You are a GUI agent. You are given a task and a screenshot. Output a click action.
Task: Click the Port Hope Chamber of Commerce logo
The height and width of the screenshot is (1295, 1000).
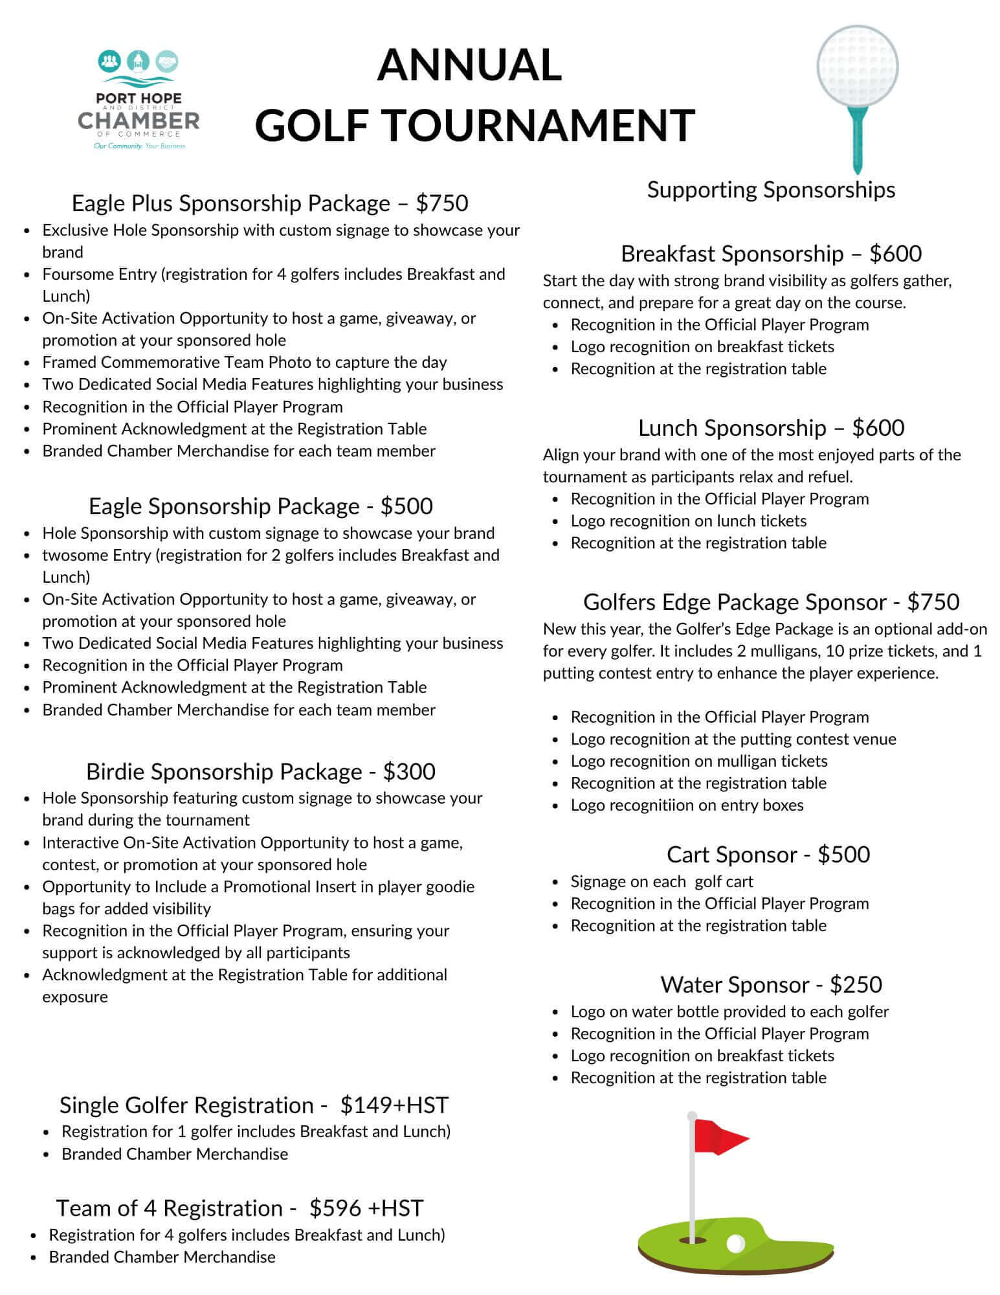139,100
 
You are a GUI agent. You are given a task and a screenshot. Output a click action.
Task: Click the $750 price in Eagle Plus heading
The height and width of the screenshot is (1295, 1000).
442,203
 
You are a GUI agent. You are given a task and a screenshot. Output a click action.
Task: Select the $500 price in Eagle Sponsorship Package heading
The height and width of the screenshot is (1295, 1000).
406,506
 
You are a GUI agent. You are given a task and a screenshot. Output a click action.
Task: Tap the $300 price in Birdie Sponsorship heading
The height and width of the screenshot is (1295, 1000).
409,772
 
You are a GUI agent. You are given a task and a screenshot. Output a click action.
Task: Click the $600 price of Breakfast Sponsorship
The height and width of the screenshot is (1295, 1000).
896,254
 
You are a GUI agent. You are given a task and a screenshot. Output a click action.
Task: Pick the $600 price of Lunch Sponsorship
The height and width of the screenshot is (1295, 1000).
878,428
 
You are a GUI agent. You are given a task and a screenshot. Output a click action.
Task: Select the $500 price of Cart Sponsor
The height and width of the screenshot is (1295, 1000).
843,855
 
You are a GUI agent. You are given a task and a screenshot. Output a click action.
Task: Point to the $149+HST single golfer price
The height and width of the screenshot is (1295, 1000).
394,1105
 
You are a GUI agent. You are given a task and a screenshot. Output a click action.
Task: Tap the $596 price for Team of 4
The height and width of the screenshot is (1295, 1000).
333,1208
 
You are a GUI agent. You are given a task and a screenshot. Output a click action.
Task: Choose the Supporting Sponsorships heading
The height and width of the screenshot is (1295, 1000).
771,190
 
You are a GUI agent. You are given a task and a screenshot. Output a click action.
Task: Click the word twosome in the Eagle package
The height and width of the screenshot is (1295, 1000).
72,556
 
